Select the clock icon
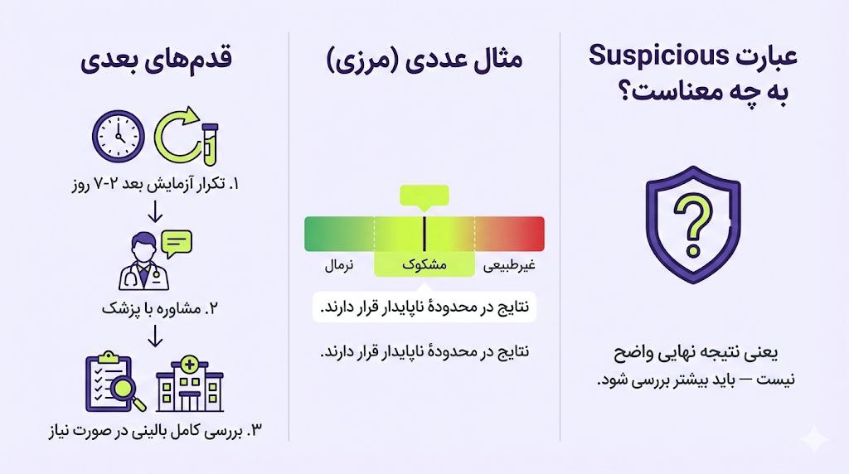(119, 136)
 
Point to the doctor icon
(140, 262)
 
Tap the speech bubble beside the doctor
(177, 242)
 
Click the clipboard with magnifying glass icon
(114, 383)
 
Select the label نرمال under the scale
(339, 265)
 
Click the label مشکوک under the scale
(424, 265)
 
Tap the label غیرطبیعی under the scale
(510, 265)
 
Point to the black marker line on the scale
(424, 234)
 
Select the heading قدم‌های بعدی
(157, 61)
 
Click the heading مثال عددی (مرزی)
(424, 61)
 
